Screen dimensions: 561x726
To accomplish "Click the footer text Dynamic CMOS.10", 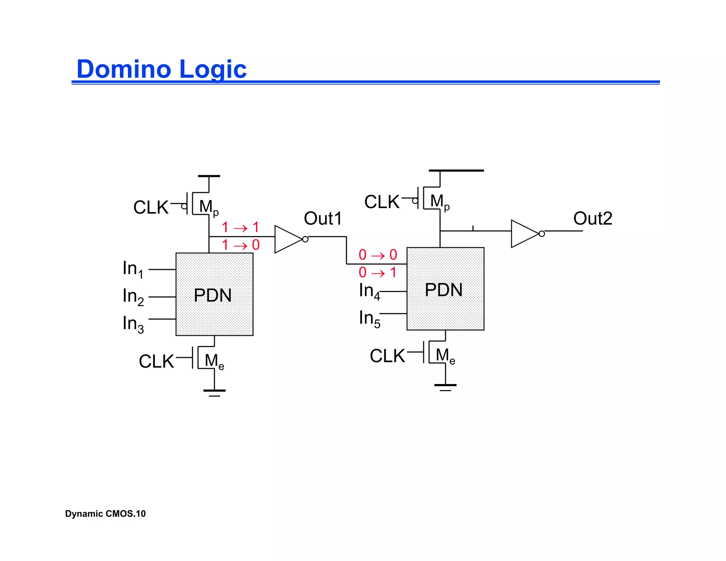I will point(105,513).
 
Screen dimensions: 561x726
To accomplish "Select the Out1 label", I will point(323,218).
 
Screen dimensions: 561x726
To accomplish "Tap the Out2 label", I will point(592,218).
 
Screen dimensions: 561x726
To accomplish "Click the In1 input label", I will point(133,269).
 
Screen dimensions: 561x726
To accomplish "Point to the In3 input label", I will point(133,324).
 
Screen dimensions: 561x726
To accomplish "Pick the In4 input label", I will point(369,291).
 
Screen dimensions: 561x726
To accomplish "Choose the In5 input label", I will point(369,318).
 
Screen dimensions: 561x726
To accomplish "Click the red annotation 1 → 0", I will point(240,245).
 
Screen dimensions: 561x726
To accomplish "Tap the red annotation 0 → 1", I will point(377,273).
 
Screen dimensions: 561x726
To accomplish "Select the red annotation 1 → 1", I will point(240,227).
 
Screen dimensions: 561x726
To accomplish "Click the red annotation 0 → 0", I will point(378,255).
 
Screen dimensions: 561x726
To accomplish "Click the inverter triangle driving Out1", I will point(287,239).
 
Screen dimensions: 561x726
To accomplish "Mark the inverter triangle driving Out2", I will point(524,234).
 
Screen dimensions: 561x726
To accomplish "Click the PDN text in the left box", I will point(213,295).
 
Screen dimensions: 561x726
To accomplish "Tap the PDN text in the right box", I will point(443,290).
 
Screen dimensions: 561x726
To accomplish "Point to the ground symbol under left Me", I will point(214,392).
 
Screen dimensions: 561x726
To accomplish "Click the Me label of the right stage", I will point(445,356).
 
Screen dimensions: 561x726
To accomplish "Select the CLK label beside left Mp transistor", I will point(151,207).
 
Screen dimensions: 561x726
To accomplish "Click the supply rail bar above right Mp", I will point(456,171).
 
